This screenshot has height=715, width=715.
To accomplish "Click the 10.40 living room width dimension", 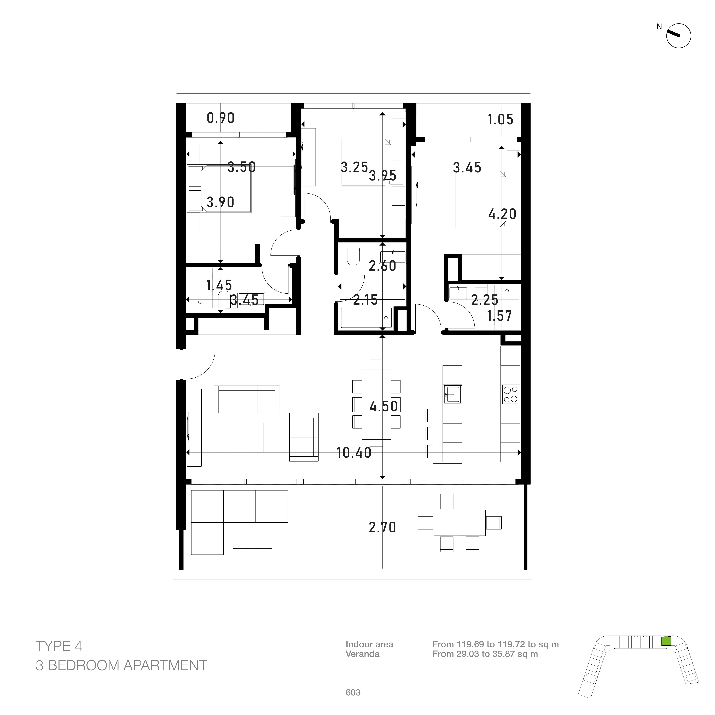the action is [354, 453].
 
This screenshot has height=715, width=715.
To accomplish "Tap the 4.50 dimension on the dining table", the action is [383, 406].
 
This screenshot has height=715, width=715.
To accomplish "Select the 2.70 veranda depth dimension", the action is [382, 527].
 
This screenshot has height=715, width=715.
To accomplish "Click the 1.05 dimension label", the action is [500, 120].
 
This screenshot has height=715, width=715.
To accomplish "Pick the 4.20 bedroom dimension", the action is [502, 214].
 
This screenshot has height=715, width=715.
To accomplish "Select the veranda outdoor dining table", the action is [459, 522].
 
